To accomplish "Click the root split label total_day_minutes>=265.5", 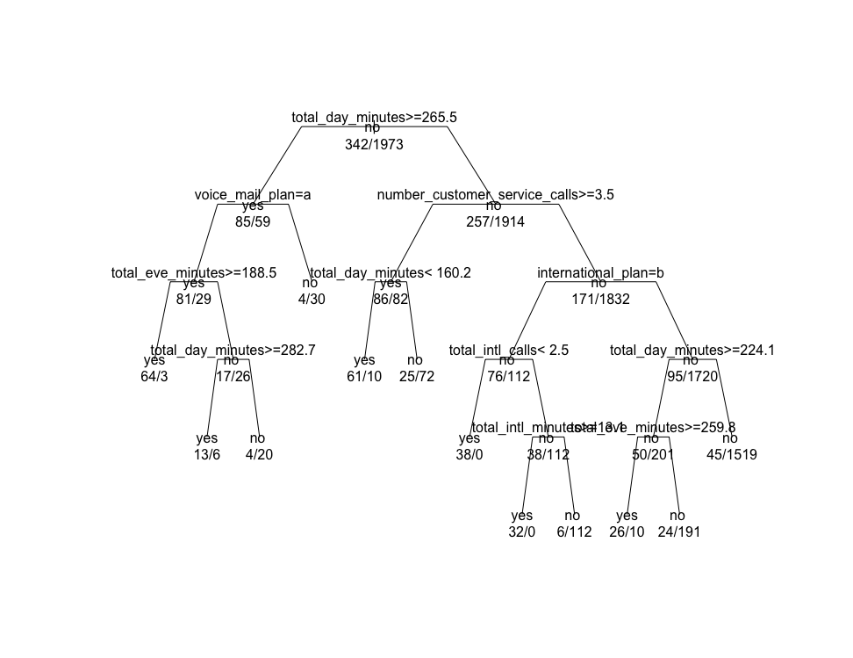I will pos(374,117).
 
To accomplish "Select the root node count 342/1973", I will pos(374,145).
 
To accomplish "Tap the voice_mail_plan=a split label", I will pos(253,195).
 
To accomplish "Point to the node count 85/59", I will pos(253,222).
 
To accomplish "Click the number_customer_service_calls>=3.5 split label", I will pos(495,195).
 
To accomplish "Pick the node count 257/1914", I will pos(495,222).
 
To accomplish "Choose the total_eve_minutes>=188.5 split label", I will pos(194,272).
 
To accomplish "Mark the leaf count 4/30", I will pos(311,300).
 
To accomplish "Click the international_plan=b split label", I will pos(600,272).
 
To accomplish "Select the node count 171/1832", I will pos(600,300).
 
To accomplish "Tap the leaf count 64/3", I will pos(154,377).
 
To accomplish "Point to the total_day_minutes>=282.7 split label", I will pos(233,350).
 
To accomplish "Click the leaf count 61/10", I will pos(364,377).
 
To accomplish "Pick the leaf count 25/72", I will pos(416,377).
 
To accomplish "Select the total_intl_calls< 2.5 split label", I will pos(509,350).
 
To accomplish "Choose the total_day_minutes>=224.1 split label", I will pos(692,350).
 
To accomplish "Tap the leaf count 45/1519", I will pos(731,455).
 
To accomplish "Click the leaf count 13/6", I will pos(207,455).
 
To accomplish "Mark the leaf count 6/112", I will pos(574,532).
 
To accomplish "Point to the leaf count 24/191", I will pos(678,532).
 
